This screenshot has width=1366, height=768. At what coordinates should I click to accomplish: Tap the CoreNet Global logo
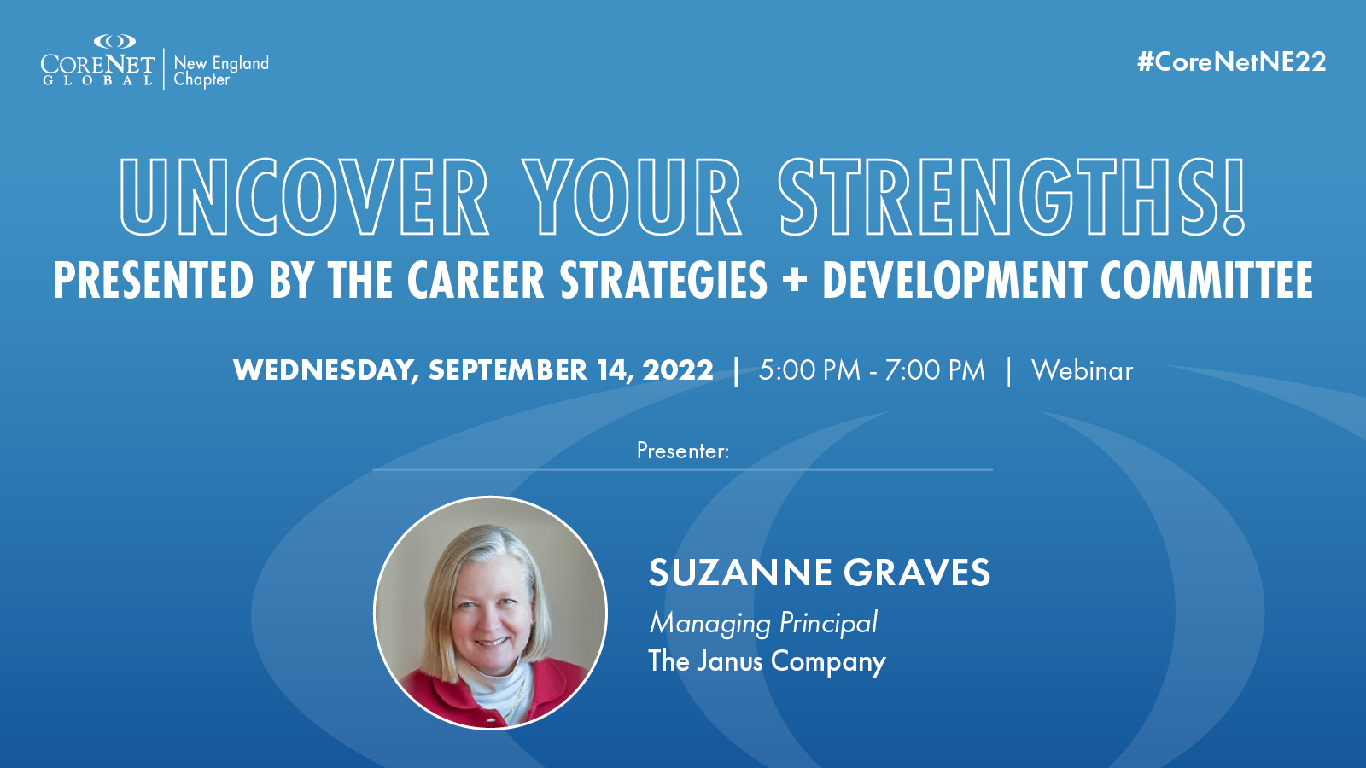pos(97,61)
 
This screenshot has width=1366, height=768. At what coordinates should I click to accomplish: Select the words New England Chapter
pos(221,72)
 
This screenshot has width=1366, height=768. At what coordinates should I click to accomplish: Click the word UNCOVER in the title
pos(304,197)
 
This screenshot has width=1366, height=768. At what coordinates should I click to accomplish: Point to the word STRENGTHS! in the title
pos(1012,197)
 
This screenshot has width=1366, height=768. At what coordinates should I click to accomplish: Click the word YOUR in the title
pos(633,197)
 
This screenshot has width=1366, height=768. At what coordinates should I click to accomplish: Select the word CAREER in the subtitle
pos(476,280)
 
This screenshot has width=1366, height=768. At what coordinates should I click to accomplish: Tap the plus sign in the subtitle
pos(795,281)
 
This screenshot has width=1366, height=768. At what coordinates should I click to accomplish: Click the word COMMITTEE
pos(1207,280)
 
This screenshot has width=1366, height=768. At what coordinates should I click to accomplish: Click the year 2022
pos(678,370)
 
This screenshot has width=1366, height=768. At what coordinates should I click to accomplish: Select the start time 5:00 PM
pos(809,370)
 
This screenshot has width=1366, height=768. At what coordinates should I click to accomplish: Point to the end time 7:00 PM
pos(935,370)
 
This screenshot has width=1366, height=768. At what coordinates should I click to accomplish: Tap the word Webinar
pos(1082,370)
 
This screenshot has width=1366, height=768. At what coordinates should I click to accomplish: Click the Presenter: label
pos(683,451)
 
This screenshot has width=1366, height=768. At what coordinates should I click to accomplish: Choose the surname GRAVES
pos(917,573)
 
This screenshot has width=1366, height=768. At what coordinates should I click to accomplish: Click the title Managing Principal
pos(763,623)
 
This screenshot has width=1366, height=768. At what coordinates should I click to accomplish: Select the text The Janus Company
pos(767,660)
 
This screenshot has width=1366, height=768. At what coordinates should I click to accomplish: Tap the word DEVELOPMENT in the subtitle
pos(954,280)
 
